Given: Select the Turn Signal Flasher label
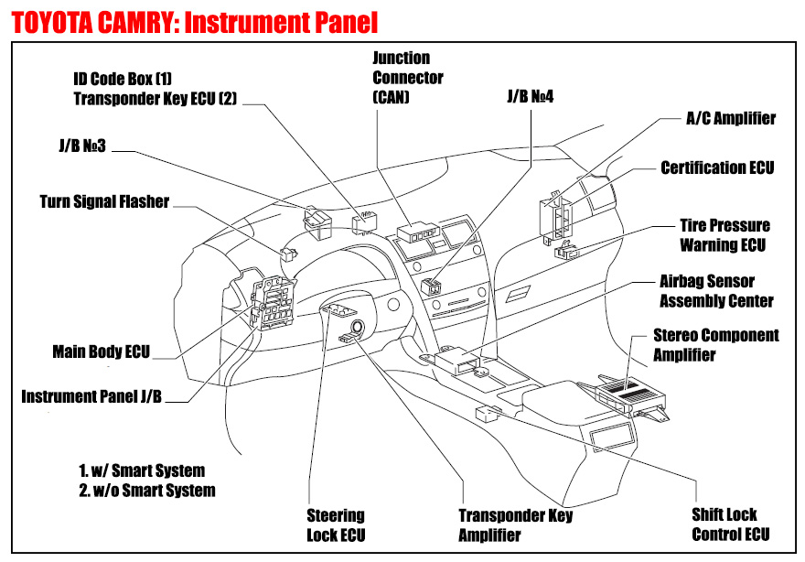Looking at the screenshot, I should [x=104, y=201].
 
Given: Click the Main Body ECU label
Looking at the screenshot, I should [x=101, y=351].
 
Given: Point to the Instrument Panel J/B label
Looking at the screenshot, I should [x=91, y=396].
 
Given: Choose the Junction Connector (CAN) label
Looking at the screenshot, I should [x=408, y=77].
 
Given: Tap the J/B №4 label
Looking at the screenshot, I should [x=531, y=95].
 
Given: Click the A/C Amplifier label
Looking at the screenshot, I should [x=731, y=118].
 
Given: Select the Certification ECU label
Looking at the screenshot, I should [x=717, y=168].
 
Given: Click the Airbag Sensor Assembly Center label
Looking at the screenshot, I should [x=716, y=291].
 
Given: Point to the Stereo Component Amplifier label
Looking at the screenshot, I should [x=716, y=344].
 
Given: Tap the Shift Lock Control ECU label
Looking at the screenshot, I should [x=730, y=524].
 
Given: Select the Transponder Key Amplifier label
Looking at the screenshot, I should [x=515, y=524].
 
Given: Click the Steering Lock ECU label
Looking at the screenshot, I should [x=336, y=524].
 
